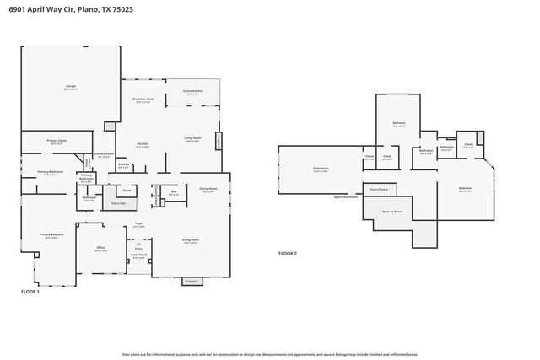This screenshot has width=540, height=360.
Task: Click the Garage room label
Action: pyautogui.click(x=72, y=87)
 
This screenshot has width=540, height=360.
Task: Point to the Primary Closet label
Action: pyautogui.click(x=57, y=142)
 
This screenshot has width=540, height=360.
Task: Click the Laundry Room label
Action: pyautogui.click(x=104, y=154)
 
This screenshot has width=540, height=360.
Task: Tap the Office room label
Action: pyautogui.click(x=100, y=249)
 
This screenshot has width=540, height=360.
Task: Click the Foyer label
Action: pyautogui.click(x=138, y=224)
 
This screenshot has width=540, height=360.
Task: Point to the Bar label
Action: pyautogui.click(x=173, y=192)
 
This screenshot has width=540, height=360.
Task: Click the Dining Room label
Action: pyautogui.click(x=208, y=190)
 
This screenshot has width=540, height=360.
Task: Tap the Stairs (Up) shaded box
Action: pyautogui.click(x=119, y=203)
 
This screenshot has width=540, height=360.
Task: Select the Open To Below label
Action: pyautogui.click(x=392, y=212)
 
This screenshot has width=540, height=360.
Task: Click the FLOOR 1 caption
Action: pyautogui.click(x=30, y=291)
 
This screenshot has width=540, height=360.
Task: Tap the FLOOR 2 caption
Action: pyautogui.click(x=289, y=252)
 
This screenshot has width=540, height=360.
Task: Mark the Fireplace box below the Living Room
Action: pyautogui.click(x=192, y=281)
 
